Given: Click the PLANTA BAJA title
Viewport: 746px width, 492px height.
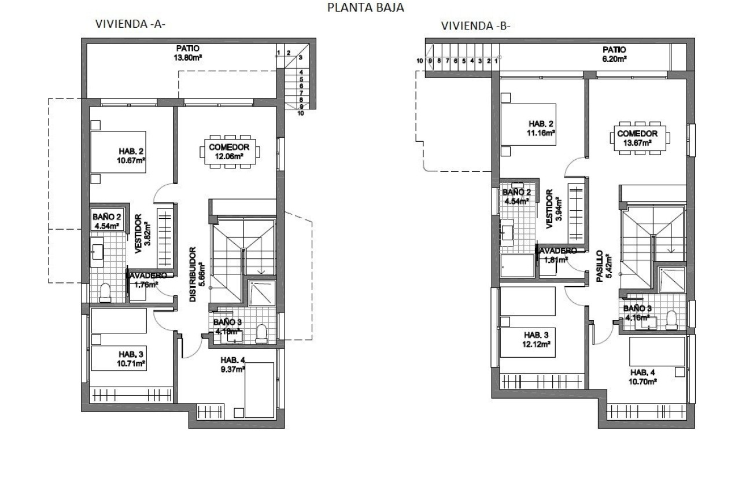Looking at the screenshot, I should pos(365,8).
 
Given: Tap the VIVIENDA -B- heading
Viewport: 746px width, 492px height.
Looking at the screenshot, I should pos(475,26).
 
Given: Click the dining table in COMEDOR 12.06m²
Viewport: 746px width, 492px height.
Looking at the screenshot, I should pos(230,152).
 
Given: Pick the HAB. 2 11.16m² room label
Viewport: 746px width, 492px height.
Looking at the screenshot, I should pos(541,128).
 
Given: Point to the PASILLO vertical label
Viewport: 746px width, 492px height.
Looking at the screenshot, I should pos(603,266).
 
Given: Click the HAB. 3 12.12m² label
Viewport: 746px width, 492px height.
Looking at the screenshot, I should pos(536,339).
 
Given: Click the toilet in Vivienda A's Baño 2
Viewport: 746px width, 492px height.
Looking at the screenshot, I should pos(105,293).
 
